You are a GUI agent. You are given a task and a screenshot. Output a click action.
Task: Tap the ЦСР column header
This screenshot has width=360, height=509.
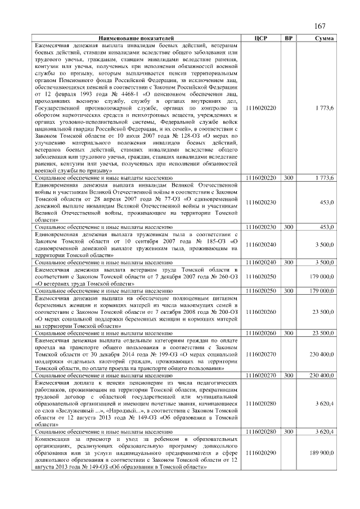tap(260, 38)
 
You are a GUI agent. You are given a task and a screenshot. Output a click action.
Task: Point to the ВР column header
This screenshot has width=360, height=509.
tap(289, 38)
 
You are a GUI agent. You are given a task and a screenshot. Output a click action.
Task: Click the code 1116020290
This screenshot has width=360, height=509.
tap(261, 452)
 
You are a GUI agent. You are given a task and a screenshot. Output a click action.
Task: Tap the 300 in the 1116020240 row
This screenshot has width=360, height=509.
tap(289, 262)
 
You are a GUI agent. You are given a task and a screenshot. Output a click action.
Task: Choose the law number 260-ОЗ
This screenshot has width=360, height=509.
tap(217, 276)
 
